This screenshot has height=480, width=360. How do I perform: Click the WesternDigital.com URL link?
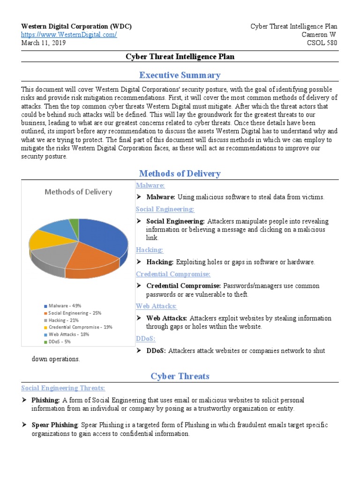(69, 35)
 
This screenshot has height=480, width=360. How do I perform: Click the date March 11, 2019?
(44, 43)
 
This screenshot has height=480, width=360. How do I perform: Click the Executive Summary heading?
(180, 75)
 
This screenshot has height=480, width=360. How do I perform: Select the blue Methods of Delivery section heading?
(180, 173)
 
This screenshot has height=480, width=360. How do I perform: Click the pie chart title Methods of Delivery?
(78, 192)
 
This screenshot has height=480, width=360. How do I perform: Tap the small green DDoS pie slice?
(74, 222)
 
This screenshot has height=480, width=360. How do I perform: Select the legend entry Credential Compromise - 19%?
(80, 327)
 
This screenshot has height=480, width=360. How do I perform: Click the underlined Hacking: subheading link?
(150, 250)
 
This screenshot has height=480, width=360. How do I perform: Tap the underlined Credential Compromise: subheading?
(173, 274)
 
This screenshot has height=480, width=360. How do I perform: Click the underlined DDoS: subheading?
(146, 338)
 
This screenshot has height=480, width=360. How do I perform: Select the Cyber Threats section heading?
(180, 376)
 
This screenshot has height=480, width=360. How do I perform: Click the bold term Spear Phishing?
(54, 425)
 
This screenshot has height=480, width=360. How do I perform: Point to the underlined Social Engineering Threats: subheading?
(63, 388)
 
